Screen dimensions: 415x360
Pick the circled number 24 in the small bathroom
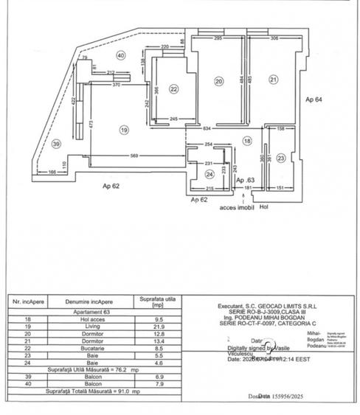click(210, 174)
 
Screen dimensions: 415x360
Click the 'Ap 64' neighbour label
click(316, 98)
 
